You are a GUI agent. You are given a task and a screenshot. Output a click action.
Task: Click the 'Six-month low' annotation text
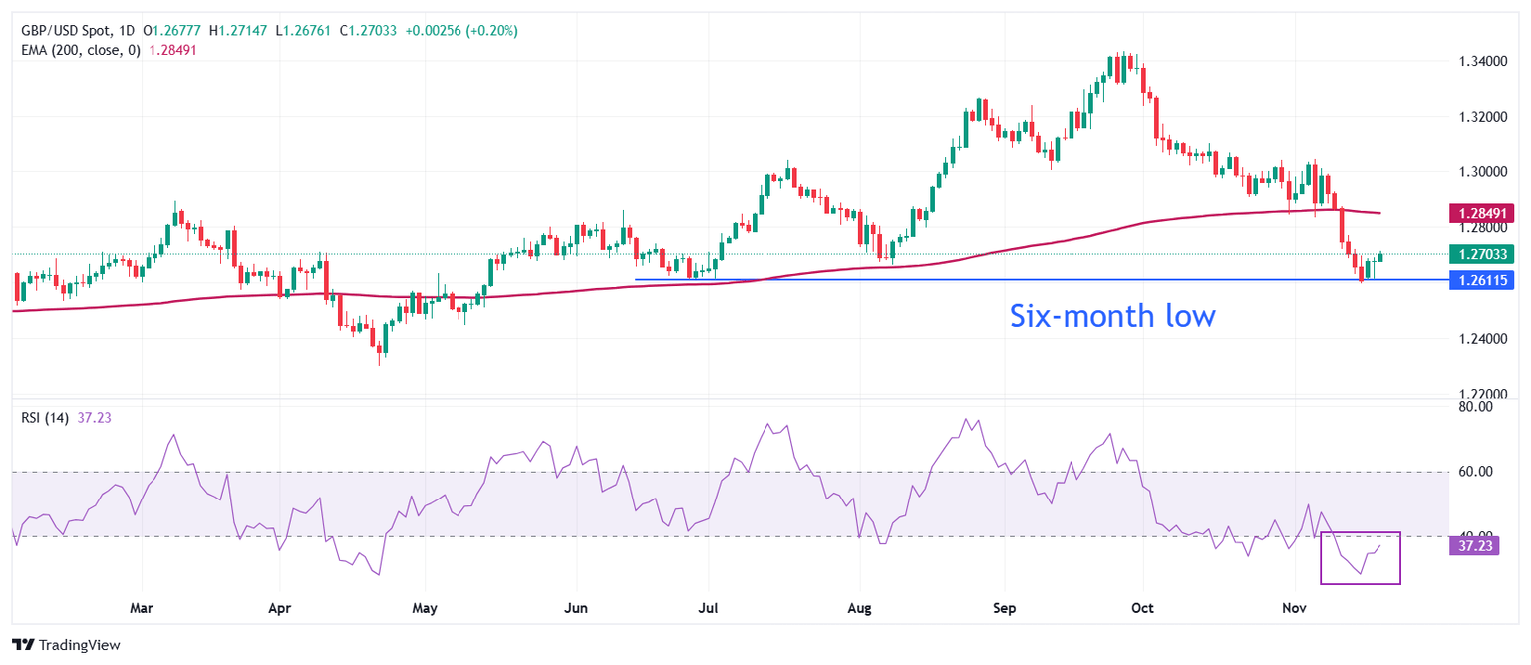[1112, 316]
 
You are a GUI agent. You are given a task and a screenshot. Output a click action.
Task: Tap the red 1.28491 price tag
[1484, 212]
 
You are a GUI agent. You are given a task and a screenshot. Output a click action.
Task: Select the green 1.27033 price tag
[1484, 254]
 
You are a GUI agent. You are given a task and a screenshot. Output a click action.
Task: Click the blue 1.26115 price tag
[1484, 279]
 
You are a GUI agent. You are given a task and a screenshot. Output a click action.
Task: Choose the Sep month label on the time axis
[1005, 607]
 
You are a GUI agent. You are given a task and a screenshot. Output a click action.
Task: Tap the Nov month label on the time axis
[1294, 607]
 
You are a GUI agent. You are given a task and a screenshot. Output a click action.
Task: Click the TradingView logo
[66, 645]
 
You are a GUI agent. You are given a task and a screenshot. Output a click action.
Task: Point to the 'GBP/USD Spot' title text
[66, 31]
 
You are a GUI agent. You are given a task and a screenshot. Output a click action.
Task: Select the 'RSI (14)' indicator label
[45, 418]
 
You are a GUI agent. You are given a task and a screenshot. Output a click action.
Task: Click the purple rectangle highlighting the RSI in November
[1361, 558]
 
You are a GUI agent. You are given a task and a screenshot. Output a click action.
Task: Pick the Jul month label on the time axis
[709, 607]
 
